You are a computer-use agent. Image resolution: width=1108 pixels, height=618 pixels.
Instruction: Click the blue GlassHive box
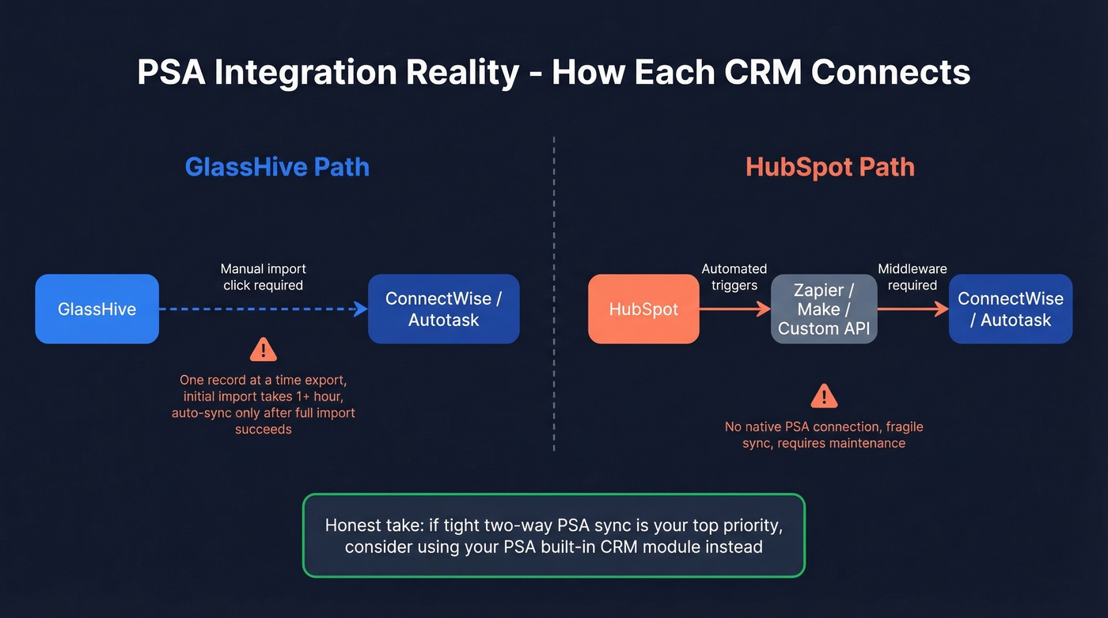point(97,309)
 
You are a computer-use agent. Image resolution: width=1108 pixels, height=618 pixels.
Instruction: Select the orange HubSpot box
point(643,309)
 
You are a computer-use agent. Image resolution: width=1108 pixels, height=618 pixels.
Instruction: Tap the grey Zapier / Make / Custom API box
point(824,309)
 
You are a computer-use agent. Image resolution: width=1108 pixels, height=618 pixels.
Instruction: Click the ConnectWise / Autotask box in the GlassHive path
point(443,309)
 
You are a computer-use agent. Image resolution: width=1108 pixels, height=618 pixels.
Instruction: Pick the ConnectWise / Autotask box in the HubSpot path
point(1010,309)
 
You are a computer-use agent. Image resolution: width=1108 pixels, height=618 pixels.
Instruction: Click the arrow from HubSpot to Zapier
point(734,309)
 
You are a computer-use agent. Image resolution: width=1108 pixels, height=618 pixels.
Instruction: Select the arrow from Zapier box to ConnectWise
point(913,309)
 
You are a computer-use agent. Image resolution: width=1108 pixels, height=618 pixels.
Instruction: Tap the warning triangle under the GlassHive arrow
point(263,349)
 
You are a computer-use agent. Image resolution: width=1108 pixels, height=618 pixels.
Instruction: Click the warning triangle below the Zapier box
point(824,395)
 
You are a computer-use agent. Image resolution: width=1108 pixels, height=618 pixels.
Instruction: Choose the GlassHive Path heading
point(277,167)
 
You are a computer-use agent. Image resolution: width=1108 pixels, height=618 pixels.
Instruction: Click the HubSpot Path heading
point(829,167)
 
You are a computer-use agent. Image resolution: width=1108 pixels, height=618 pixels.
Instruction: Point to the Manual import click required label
point(263,277)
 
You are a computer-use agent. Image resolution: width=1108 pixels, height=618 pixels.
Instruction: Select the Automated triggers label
point(734,277)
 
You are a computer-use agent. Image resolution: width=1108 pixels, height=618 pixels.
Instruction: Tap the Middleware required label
point(913,277)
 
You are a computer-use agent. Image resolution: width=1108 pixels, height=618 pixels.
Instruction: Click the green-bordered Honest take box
point(553,535)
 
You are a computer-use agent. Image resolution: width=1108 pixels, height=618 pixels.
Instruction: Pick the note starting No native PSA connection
point(824,435)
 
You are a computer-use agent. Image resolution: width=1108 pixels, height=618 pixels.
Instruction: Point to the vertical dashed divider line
point(554,293)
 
